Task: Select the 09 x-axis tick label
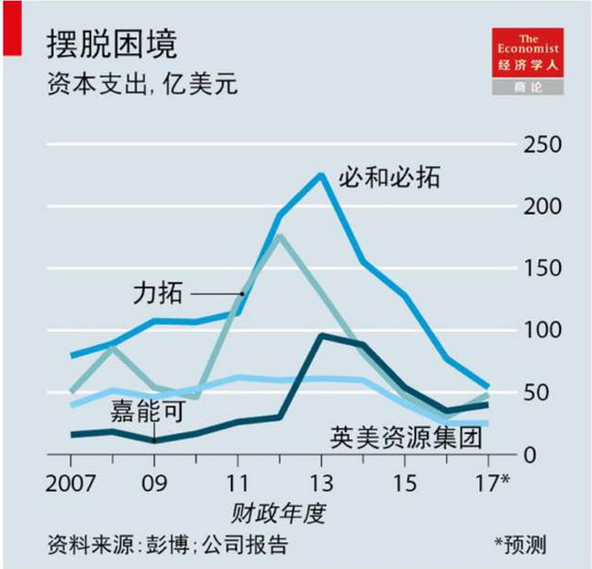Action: [154, 484]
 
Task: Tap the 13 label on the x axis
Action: [321, 484]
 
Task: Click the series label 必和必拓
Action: [389, 175]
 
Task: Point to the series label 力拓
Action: [157, 295]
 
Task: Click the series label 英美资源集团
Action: [406, 438]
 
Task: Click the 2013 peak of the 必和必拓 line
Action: [321, 175]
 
